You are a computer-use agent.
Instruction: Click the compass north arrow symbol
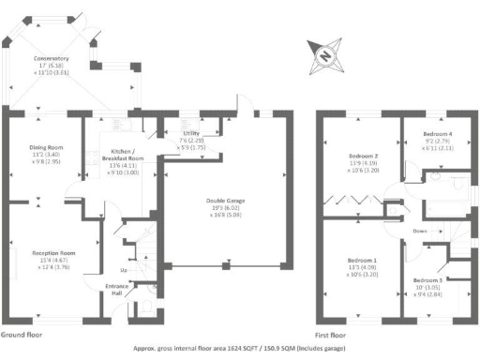(x=324, y=55)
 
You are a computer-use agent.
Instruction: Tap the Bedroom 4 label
(x=437, y=134)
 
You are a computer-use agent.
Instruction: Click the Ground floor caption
(x=22, y=334)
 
